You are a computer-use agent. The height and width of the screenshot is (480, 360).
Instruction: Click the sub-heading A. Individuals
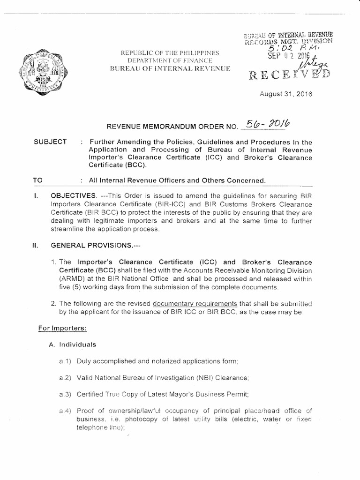pyautogui.click(x=73, y=345)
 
